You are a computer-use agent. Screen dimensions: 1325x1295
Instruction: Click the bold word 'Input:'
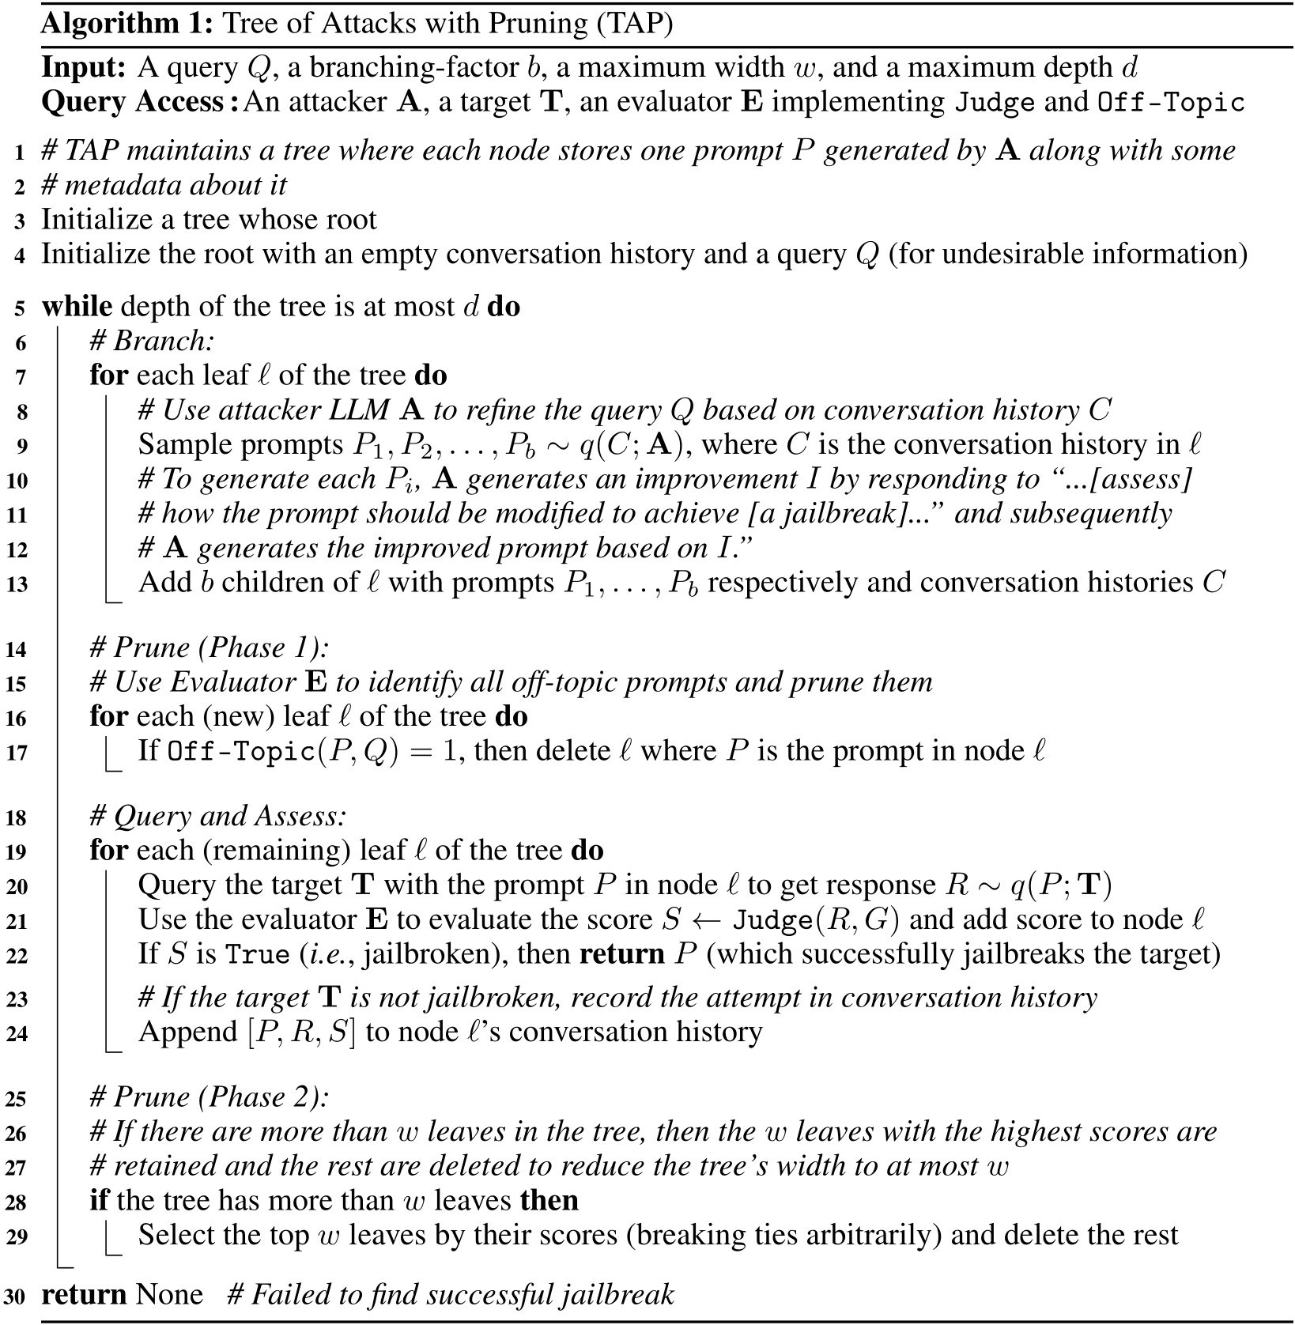(x=83, y=67)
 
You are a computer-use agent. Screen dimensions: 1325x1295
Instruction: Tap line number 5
(x=21, y=308)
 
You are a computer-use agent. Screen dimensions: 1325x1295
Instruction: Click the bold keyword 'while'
(x=77, y=307)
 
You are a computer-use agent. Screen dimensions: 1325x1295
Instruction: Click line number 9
(x=21, y=447)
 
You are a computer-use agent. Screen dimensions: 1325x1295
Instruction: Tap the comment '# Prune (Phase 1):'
(x=210, y=648)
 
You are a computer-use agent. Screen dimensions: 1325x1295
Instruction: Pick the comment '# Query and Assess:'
(x=219, y=817)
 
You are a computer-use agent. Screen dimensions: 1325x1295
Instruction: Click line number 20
(x=17, y=887)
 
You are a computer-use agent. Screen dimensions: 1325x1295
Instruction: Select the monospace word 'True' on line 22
(x=257, y=955)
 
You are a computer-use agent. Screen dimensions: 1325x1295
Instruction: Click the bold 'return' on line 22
(x=621, y=954)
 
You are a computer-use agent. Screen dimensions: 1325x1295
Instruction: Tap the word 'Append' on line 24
(x=187, y=1032)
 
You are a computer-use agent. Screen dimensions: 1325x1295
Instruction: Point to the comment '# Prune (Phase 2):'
(x=210, y=1098)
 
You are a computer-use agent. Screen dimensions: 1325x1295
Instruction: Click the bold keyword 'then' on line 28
(x=549, y=1200)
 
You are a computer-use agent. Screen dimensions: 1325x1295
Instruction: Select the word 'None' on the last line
(x=169, y=1294)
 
